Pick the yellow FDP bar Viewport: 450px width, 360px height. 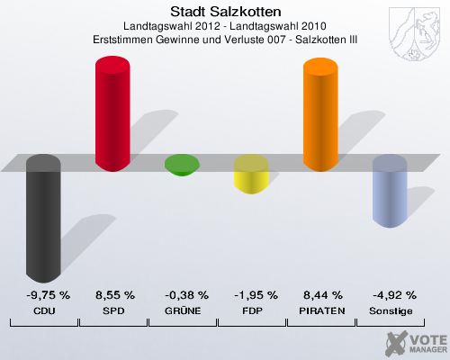coord(251,175)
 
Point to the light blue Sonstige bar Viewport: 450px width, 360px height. coord(390,191)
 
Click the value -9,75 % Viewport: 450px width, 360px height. coord(43,294)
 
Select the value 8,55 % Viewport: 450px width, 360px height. coord(113,294)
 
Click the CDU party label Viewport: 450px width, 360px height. coord(43,310)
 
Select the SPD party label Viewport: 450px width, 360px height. coord(113,310)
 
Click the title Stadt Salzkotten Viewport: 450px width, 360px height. coord(224,11)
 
